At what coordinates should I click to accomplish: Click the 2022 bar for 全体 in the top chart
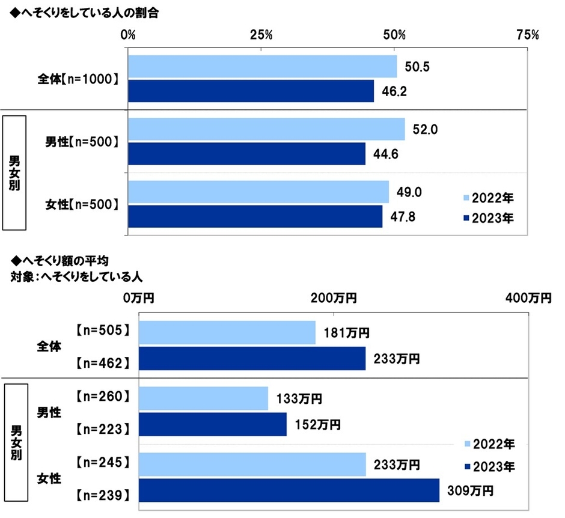pos(262,67)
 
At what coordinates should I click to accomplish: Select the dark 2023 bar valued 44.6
pos(246,153)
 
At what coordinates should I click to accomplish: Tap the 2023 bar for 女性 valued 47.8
pos(255,216)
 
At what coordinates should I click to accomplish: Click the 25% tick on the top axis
pos(262,34)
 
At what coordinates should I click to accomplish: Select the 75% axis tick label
pos(526,34)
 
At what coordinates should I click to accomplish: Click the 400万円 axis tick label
pos(528,297)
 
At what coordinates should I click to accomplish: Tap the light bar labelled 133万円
pos(203,398)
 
